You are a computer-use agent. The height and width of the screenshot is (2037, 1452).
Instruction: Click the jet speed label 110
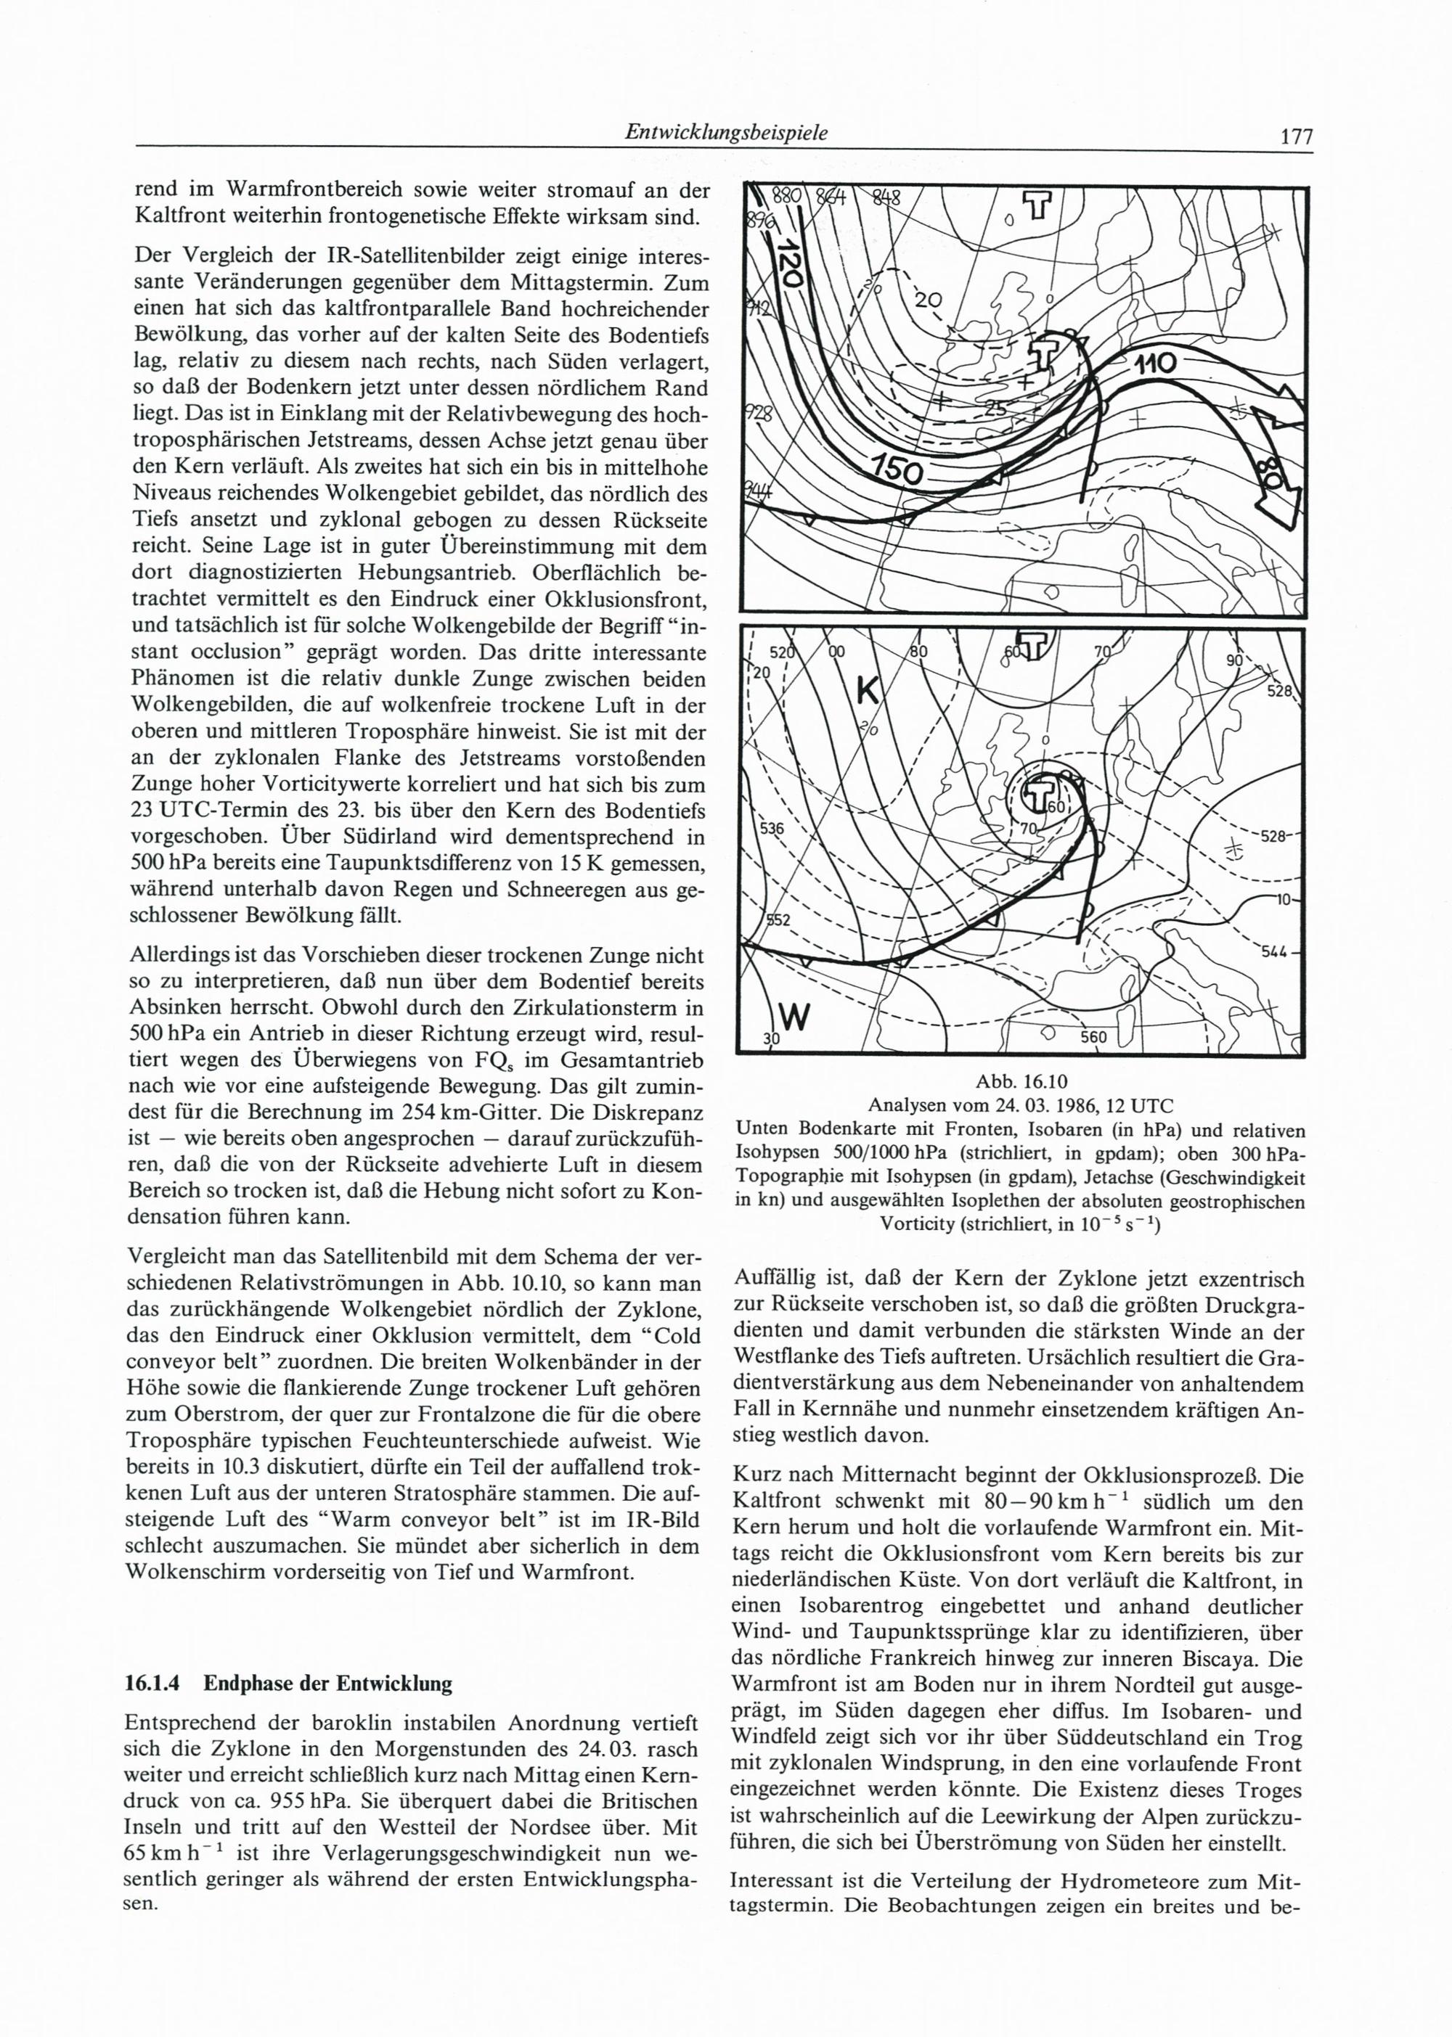[1159, 365]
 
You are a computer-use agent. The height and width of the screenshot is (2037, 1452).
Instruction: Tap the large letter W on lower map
[794, 1016]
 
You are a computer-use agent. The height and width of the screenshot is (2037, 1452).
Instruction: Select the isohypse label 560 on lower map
[1093, 1037]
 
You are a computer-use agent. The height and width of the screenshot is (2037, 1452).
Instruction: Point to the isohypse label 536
[771, 829]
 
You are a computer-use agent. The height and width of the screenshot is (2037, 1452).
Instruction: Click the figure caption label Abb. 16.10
[1019, 1081]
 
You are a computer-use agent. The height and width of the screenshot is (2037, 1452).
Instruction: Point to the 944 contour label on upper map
[758, 490]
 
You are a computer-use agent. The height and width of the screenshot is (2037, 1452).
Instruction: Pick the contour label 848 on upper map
[885, 198]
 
